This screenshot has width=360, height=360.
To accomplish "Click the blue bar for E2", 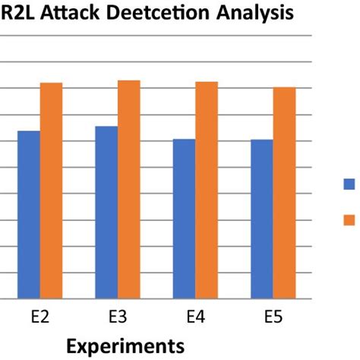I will click(x=29, y=215).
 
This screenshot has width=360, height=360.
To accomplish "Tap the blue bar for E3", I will click(x=107, y=213).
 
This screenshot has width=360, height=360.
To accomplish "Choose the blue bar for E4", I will click(x=184, y=219).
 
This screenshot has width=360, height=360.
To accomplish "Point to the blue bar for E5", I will click(x=262, y=219).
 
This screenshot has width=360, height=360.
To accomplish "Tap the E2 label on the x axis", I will click(x=39, y=318).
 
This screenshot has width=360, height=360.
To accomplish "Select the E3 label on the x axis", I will click(x=118, y=318).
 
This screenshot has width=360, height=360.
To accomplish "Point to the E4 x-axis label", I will click(x=195, y=318).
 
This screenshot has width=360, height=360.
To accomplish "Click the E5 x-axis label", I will click(x=273, y=318).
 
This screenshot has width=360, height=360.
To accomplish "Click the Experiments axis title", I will click(x=125, y=346).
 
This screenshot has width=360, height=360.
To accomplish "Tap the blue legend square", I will click(x=349, y=183).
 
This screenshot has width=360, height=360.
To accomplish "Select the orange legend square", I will click(x=349, y=219).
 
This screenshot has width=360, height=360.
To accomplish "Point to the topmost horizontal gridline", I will click(x=152, y=35).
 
